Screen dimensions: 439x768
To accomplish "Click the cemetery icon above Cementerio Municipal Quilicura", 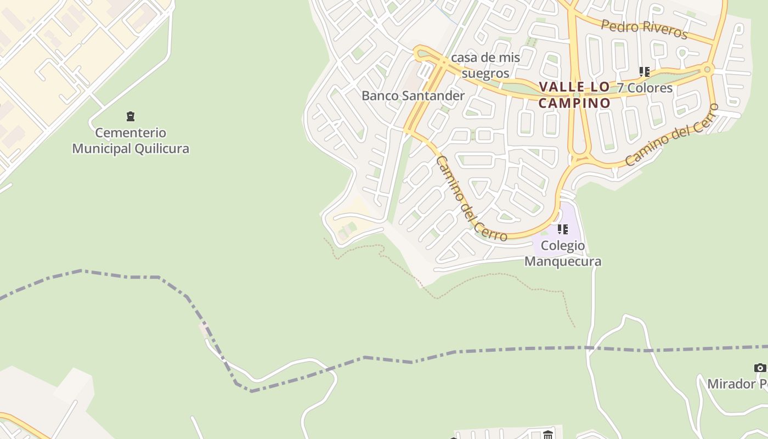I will pyautogui.click(x=131, y=116).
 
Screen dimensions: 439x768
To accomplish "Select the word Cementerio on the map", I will pyautogui.click(x=131, y=133).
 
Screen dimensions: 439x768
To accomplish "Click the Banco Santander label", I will pyautogui.click(x=413, y=95).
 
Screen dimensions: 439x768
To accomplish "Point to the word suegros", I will pyautogui.click(x=485, y=73).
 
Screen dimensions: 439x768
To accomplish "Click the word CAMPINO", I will pyautogui.click(x=574, y=103).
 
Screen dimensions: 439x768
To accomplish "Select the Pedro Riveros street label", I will pyautogui.click(x=644, y=29).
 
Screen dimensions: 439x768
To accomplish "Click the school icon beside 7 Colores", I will pyautogui.click(x=644, y=72).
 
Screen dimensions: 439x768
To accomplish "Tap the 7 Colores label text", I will pyautogui.click(x=645, y=88).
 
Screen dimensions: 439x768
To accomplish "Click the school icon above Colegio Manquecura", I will pyautogui.click(x=562, y=229).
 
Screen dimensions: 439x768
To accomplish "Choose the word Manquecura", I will pyautogui.click(x=563, y=261).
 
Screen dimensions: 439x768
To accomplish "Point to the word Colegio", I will pyautogui.click(x=563, y=245).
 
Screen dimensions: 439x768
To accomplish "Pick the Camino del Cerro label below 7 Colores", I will pyautogui.click(x=671, y=135).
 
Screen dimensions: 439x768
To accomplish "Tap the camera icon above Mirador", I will pyautogui.click(x=760, y=368).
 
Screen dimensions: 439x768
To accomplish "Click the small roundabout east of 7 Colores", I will pyautogui.click(x=707, y=69).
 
